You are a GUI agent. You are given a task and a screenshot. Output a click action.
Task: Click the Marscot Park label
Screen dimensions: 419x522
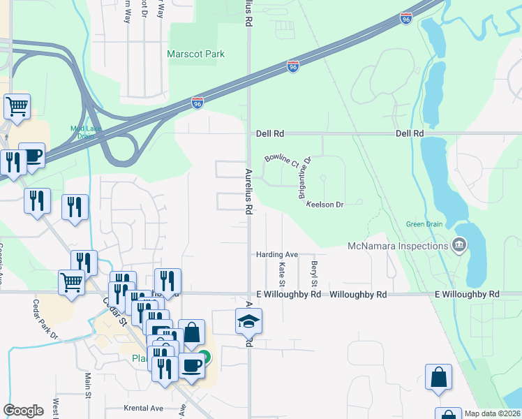195,54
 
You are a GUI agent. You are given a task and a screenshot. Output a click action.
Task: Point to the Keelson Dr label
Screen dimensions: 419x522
325,205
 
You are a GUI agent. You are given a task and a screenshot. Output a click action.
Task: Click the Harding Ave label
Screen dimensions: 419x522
277,254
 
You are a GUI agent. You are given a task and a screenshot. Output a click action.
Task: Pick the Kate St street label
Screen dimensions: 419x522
282,274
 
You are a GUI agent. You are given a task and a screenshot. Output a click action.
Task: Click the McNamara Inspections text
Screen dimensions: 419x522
398,246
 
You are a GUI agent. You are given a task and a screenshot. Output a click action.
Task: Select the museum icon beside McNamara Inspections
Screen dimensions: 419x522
460,244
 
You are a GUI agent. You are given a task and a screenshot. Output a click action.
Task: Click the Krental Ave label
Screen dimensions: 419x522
143,408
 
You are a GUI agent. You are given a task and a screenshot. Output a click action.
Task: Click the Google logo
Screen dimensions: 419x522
23,411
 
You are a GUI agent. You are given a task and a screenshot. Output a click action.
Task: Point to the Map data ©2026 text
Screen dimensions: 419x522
492,413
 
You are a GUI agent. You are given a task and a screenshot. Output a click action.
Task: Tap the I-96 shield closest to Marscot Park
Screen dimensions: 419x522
198,103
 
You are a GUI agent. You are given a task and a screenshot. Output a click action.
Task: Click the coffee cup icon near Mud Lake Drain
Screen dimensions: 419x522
31,155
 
